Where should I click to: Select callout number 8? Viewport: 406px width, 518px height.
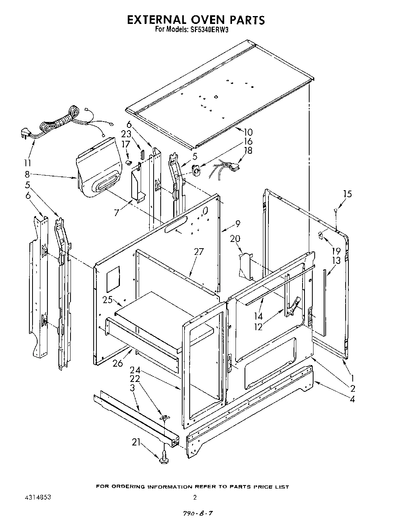(27, 176)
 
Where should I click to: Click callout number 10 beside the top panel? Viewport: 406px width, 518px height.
(248, 132)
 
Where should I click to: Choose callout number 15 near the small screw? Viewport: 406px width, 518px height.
(347, 194)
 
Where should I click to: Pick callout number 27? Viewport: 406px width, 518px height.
(199, 251)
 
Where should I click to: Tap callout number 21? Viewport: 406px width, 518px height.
(136, 443)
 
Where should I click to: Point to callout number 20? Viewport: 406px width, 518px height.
(235, 238)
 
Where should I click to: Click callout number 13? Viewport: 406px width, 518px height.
(336, 261)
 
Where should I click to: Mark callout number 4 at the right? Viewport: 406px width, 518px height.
(353, 399)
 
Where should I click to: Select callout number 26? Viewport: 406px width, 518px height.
(118, 364)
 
